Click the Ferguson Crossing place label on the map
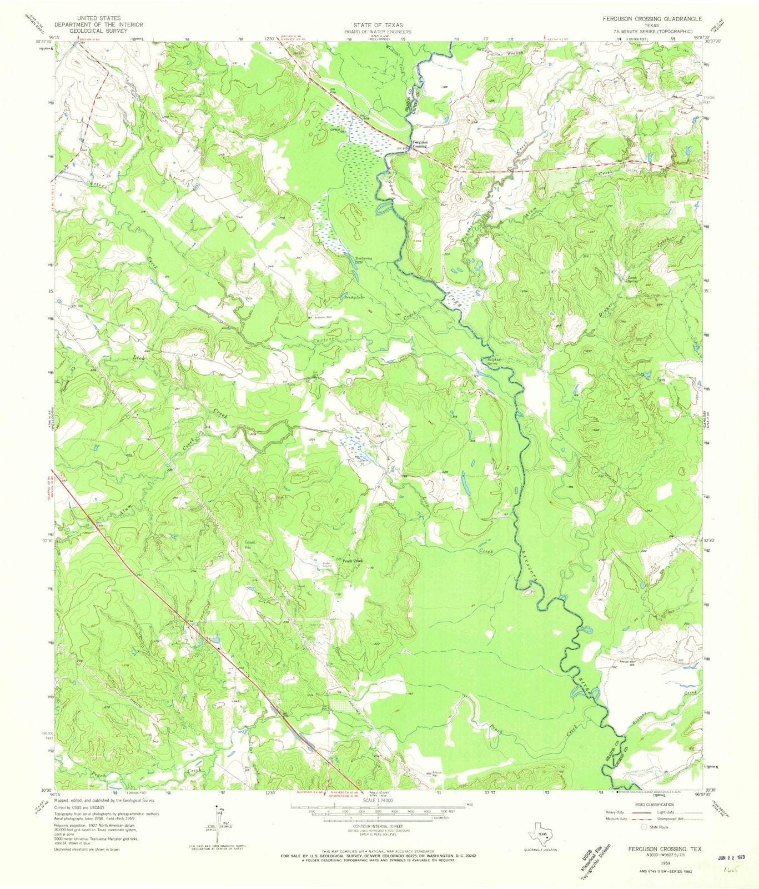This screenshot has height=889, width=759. point(420,144)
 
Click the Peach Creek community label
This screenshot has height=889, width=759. point(353,561)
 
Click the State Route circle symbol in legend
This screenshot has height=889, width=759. point(644,827)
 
